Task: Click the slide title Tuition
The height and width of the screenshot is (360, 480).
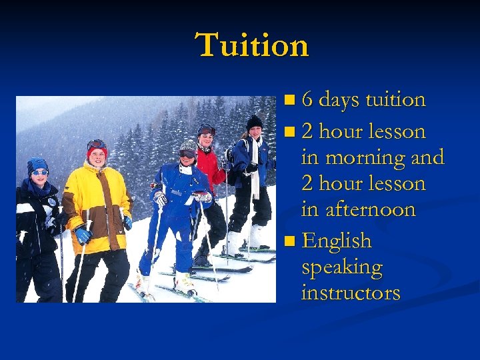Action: coord(253,45)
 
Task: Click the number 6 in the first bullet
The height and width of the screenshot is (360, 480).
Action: coord(307,100)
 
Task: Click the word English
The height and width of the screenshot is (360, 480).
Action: coord(336,240)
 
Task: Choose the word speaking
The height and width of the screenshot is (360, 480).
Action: coord(341,267)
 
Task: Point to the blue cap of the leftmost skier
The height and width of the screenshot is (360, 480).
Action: coord(37,164)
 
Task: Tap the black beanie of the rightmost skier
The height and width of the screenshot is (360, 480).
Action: coord(254,122)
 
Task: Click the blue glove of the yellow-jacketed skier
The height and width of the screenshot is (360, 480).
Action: coord(83,235)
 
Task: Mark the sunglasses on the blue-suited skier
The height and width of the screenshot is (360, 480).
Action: coord(187,153)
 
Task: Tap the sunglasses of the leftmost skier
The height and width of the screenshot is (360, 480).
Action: coord(39,173)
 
